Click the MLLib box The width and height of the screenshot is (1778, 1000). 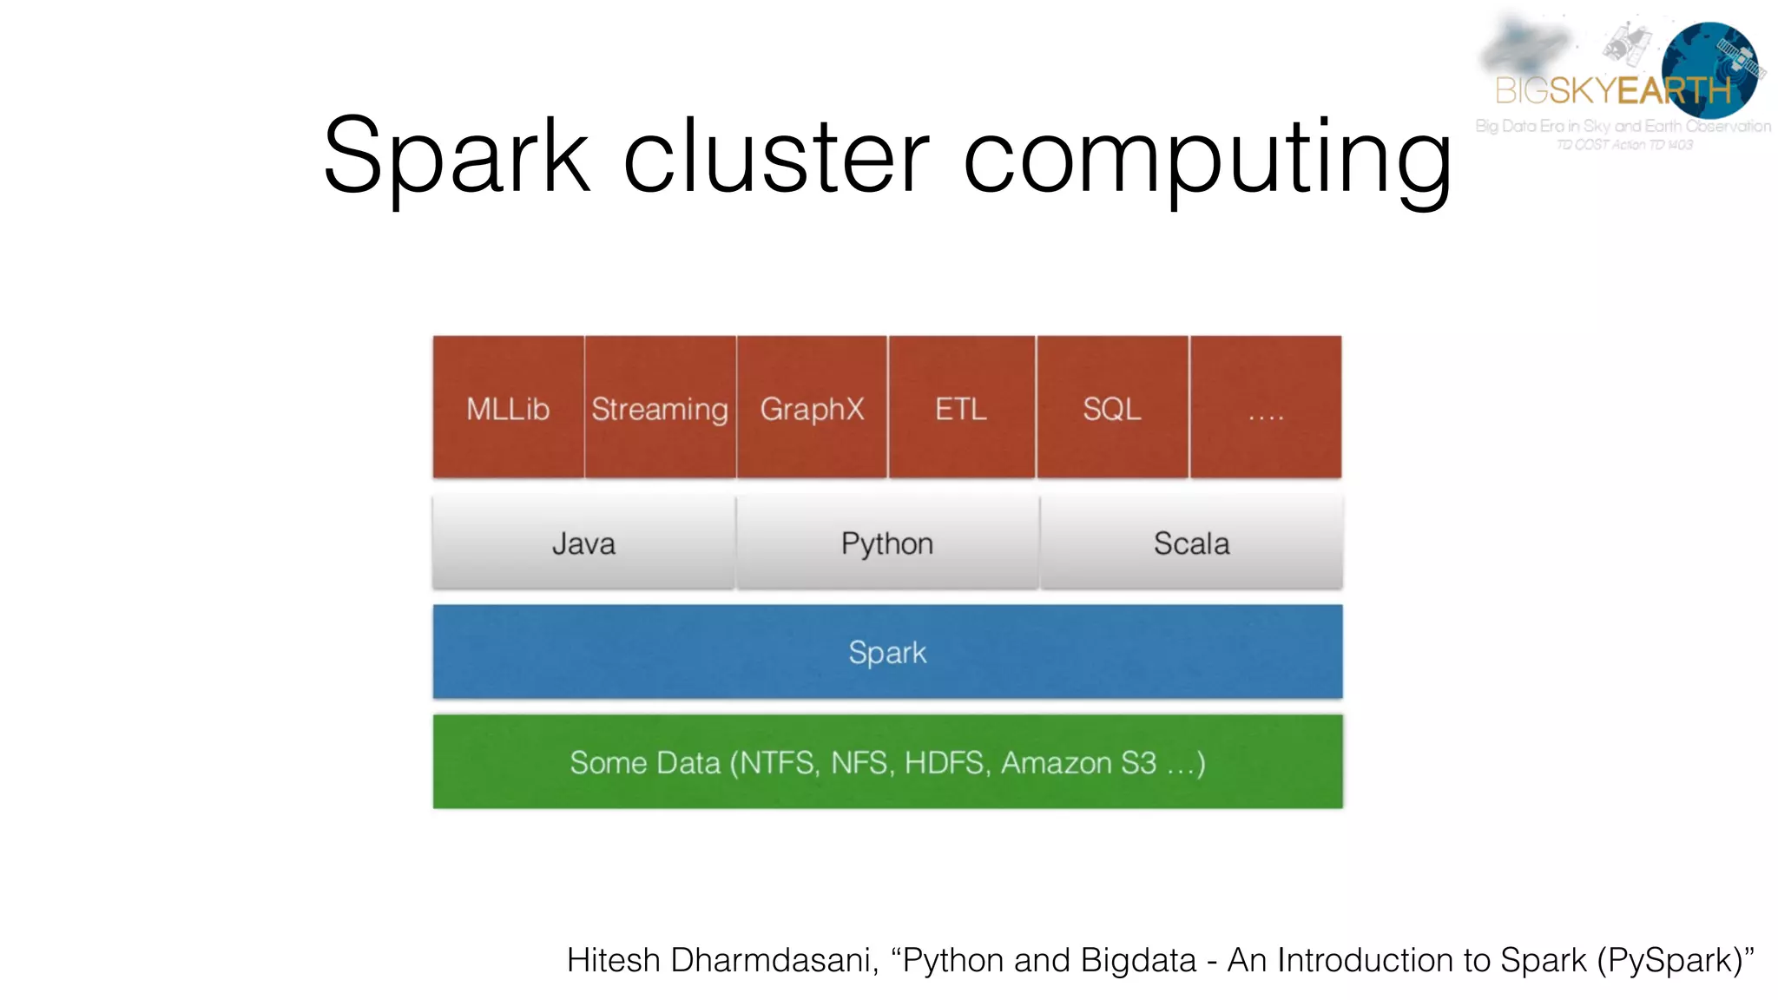click(508, 407)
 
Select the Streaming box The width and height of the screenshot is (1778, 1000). click(660, 407)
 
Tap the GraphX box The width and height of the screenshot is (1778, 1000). click(812, 407)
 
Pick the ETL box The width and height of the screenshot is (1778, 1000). click(961, 407)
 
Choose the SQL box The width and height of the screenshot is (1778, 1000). click(1112, 407)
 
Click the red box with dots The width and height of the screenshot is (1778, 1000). click(1266, 407)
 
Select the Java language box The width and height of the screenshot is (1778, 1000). click(583, 543)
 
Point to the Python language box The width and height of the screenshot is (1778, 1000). click(887, 543)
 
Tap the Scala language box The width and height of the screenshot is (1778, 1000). click(1191, 543)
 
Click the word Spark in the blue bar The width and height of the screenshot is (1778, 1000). click(887, 653)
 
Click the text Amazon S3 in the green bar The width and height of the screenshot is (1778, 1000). click(1078, 763)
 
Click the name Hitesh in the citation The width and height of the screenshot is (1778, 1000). click(613, 960)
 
